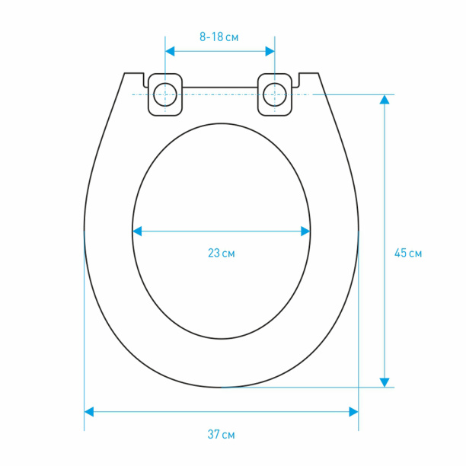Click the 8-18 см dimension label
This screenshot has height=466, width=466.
pos(219,37)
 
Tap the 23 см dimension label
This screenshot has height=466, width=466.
pos(221,254)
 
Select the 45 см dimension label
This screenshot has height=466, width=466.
pos(408,254)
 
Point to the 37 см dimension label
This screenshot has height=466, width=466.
pos(221,434)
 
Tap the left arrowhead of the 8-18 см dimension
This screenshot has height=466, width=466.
pos(170,52)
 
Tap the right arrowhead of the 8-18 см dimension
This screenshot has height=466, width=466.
pos(270,52)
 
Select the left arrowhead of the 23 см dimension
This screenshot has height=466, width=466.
pos(137,231)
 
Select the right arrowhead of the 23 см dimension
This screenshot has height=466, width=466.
pos(305,231)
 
